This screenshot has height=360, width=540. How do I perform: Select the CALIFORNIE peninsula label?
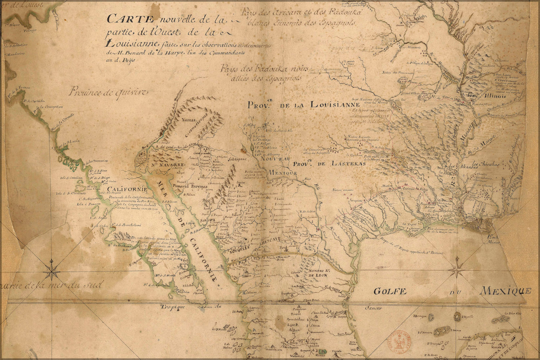(x=124, y=189)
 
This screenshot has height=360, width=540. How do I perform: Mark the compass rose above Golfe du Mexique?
(x=456, y=268)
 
